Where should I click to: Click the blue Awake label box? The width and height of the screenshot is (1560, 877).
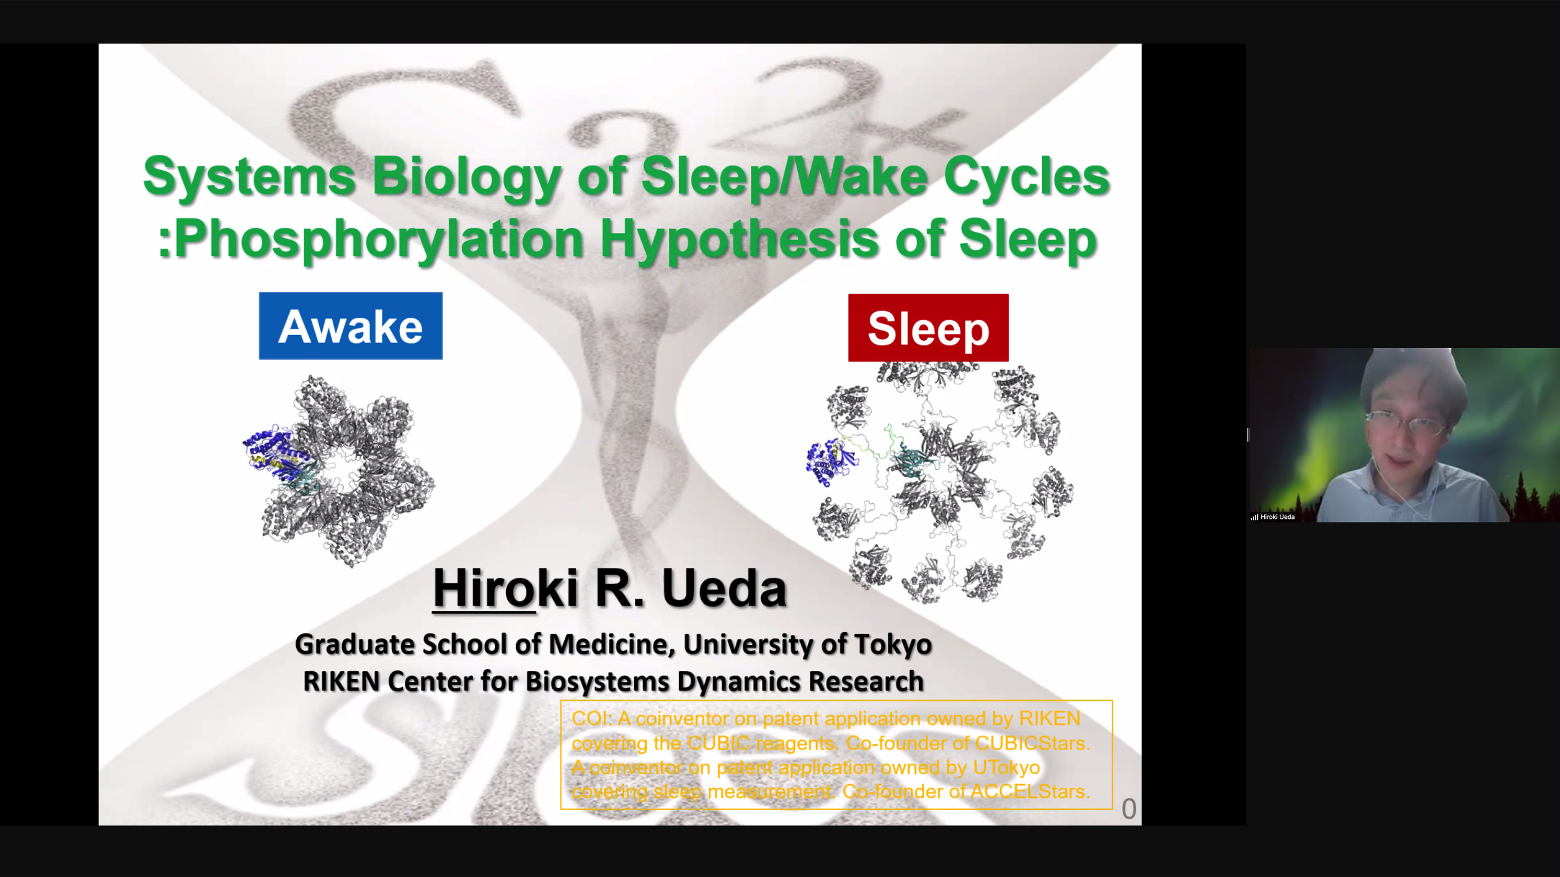(x=351, y=326)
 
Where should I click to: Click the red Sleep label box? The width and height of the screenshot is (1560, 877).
(x=928, y=327)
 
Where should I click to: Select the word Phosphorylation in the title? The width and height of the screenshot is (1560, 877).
(x=379, y=240)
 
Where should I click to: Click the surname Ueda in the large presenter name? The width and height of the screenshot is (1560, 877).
(x=724, y=588)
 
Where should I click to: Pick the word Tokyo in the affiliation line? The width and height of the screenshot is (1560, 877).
(x=893, y=645)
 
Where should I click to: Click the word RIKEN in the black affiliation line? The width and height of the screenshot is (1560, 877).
(x=341, y=682)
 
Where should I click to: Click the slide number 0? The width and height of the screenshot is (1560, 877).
(x=1129, y=809)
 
